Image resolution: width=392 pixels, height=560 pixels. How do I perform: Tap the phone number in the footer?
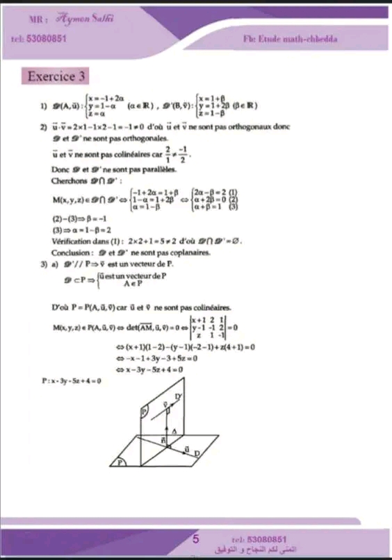[267, 538]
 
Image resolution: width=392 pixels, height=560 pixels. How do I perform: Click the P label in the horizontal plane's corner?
[124, 460]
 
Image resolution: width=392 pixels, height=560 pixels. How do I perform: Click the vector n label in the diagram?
[163, 439]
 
